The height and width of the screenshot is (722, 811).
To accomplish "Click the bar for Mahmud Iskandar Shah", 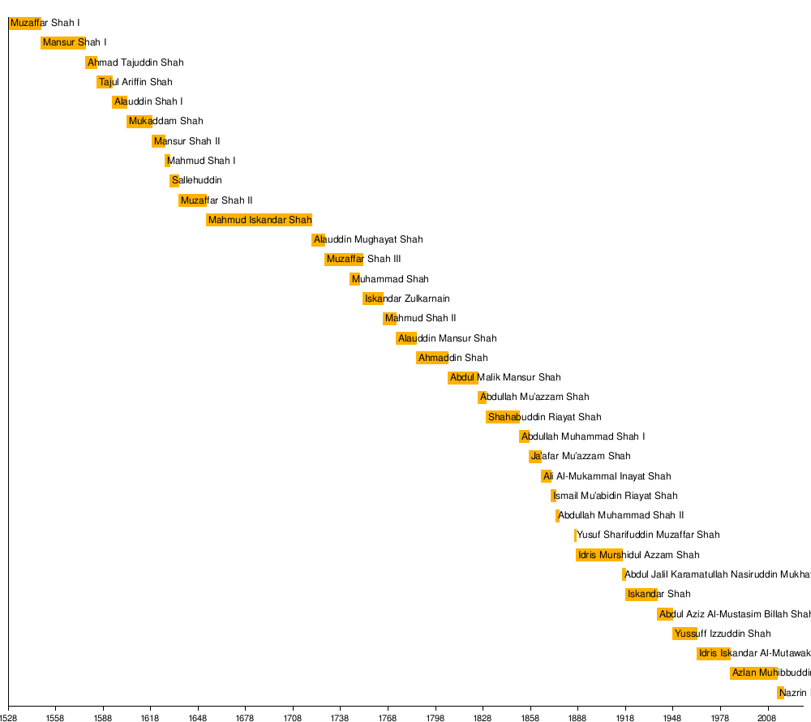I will pyautogui.click(x=259, y=220).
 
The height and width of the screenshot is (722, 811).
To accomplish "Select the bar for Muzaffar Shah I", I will pyautogui.click(x=24, y=24).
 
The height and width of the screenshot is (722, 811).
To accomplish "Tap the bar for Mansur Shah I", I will pyautogui.click(x=63, y=43).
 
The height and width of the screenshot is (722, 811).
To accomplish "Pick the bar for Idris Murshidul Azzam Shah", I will pyautogui.click(x=599, y=555).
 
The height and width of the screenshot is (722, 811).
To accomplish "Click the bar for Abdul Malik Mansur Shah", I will pyautogui.click(x=462, y=377).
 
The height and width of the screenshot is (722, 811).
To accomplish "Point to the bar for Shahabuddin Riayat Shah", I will pyautogui.click(x=503, y=417).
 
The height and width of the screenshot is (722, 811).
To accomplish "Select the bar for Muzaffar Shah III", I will pyautogui.click(x=344, y=260).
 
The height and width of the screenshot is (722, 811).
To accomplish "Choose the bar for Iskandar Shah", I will pyautogui.click(x=642, y=594).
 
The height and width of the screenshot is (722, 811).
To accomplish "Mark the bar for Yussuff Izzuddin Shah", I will pyautogui.click(x=684, y=634).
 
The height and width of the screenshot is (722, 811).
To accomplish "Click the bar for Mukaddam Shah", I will pyautogui.click(x=139, y=122).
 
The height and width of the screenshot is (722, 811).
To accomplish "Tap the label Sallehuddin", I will pyautogui.click(x=197, y=181).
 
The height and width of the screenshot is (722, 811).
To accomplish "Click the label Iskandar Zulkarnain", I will pyautogui.click(x=407, y=299).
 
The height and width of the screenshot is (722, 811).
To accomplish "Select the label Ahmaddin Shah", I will pyautogui.click(x=453, y=358).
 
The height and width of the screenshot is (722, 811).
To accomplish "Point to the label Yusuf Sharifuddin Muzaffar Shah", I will pyautogui.click(x=648, y=535).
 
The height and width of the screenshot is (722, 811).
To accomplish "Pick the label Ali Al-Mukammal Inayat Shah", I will pyautogui.click(x=607, y=476).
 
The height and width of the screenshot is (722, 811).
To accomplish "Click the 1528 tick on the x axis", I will pyautogui.click(x=8, y=707).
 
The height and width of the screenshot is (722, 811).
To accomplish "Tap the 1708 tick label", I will pyautogui.click(x=294, y=718).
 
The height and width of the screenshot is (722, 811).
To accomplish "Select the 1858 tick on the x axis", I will pyautogui.click(x=530, y=707).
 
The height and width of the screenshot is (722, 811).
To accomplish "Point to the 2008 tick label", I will pyautogui.click(x=767, y=718).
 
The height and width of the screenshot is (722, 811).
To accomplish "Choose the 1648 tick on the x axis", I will pyautogui.click(x=198, y=707).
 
